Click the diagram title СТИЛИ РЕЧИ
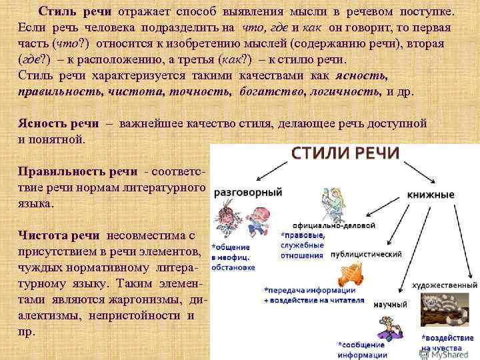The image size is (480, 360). (345, 152)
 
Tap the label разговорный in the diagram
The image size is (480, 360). (248, 192)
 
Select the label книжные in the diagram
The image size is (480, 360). (431, 195)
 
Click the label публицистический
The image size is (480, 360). (365, 254)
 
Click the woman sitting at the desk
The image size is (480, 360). (331, 200)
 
